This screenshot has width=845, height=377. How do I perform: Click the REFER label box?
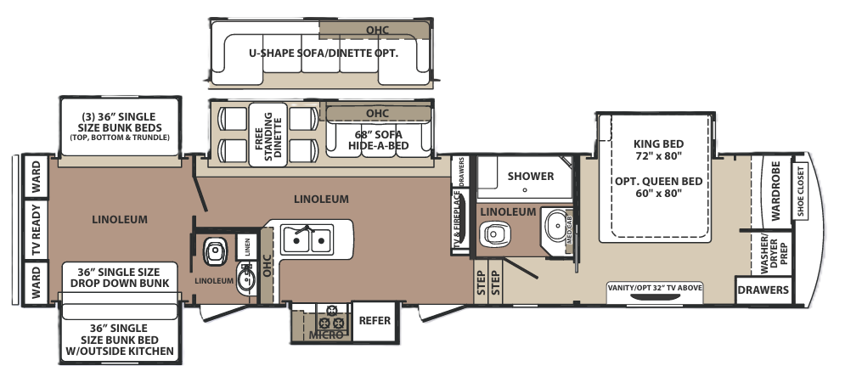tap(375, 320)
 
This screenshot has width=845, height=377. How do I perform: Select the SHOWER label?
tap(530, 176)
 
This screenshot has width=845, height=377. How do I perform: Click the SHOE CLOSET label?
tap(800, 192)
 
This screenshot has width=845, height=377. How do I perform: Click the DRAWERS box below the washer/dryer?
tap(763, 290)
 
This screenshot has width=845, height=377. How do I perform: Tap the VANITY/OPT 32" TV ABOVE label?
tap(655, 288)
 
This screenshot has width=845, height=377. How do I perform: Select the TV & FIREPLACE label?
tap(458, 219)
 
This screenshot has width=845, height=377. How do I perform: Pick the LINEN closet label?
tap(247, 247)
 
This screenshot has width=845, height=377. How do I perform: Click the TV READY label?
tap(37, 230)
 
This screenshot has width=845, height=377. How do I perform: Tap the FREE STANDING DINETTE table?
tap(268, 135)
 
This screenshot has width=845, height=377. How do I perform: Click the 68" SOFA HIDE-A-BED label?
tap(378, 140)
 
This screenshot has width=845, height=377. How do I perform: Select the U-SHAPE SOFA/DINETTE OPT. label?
tap(324, 53)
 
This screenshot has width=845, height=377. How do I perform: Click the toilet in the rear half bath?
tap(215, 252)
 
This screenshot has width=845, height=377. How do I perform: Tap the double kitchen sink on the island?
tap(307, 239)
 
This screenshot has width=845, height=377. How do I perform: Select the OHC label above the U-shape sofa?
tap(377, 31)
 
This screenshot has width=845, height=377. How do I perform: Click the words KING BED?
tap(658, 143)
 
